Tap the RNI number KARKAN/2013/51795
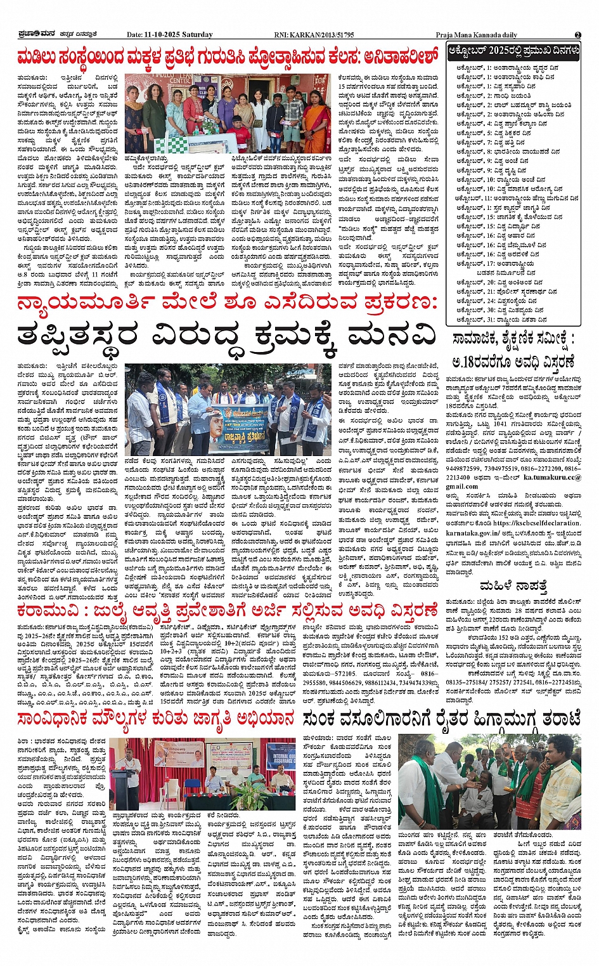(325, 35)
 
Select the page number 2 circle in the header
(578, 35)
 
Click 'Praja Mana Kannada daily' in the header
(476, 35)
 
